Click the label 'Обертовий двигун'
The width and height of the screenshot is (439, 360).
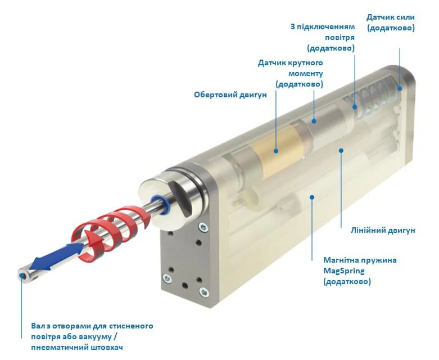pyautogui.click(x=230, y=95)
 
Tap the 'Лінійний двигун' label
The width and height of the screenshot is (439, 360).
pyautogui.click(x=383, y=231)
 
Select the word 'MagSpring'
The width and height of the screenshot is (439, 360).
pyautogui.click(x=344, y=271)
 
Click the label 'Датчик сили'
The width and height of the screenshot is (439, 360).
pyautogui.click(x=391, y=17)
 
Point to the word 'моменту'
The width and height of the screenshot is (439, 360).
pyautogui.click(x=306, y=73)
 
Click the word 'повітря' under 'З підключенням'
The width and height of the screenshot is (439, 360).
pyautogui.click(x=340, y=38)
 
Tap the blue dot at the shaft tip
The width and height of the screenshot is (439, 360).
pyautogui.click(x=21, y=276)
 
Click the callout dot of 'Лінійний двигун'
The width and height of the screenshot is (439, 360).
pyautogui.click(x=341, y=151)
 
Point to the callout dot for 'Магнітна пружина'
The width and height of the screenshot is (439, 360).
pyautogui.click(x=312, y=197)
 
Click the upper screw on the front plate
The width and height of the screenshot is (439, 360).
pyautogui.click(x=203, y=227)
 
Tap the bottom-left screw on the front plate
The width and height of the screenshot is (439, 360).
pyautogui.click(x=167, y=278)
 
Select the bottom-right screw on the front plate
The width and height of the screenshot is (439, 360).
pyautogui.click(x=204, y=292)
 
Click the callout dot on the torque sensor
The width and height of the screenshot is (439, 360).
pyautogui.click(x=314, y=121)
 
